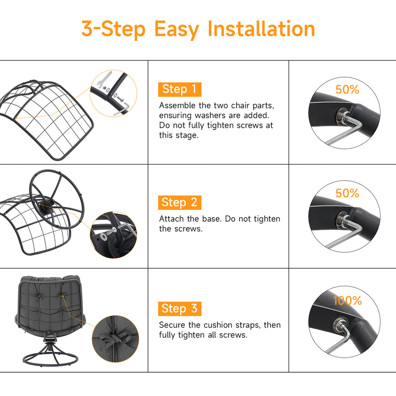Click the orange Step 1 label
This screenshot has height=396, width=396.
tap(180, 90)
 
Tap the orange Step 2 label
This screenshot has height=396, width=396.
tap(180, 202)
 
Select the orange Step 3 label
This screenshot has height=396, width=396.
tap(180, 308)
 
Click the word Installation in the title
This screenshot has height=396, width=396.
tap(261, 29)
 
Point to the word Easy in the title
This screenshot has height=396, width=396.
tap(177, 30)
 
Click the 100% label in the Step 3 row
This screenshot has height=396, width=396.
tap(347, 300)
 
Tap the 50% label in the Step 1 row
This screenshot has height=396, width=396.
tap(347, 90)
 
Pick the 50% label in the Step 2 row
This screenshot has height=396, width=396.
tap(347, 193)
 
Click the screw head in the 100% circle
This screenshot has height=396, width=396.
tap(341, 324)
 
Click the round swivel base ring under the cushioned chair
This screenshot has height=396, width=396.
tap(50, 359)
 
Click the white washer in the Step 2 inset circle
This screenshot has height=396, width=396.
tap(103, 237)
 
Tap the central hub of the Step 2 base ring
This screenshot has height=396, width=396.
tap(46, 204)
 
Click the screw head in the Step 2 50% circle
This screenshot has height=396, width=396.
tap(342, 219)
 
